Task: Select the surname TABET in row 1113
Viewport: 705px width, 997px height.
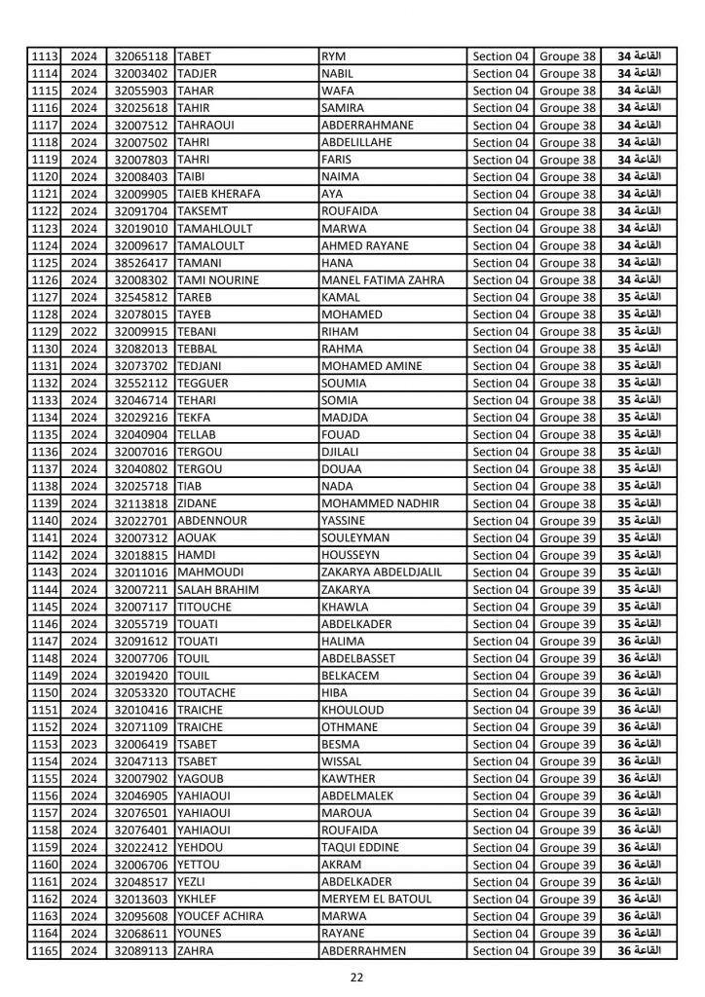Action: tap(196, 56)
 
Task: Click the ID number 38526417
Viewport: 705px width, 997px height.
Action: tap(141, 262)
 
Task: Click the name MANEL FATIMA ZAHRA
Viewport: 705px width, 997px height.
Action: tap(382, 279)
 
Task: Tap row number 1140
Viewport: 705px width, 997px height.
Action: tap(45, 521)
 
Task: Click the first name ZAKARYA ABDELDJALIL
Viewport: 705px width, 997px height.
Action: tap(381, 572)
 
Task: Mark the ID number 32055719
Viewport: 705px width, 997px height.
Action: tap(141, 624)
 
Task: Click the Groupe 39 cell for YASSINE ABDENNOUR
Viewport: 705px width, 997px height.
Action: tap(568, 521)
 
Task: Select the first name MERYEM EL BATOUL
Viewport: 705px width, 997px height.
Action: tap(375, 900)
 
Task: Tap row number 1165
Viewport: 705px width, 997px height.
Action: tap(45, 951)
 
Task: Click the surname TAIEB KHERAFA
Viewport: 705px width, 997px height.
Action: tap(218, 194)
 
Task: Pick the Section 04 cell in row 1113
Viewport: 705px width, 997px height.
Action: tap(501, 56)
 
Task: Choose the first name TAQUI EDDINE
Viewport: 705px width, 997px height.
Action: tap(359, 848)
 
